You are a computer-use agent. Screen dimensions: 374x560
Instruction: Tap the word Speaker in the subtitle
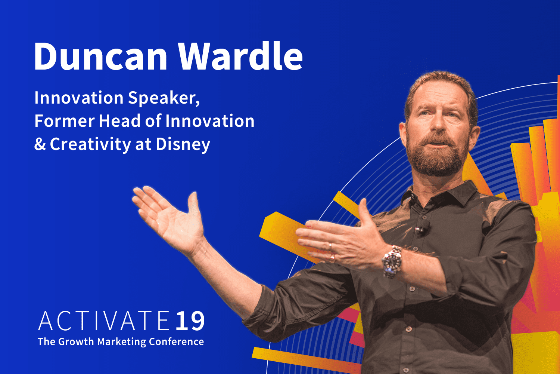(164, 98)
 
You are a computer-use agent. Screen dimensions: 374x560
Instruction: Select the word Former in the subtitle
(64, 121)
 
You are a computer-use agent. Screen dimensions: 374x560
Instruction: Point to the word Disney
(183, 145)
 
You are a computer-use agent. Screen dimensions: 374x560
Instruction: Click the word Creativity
(90, 144)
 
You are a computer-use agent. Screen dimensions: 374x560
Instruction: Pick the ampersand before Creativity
(40, 144)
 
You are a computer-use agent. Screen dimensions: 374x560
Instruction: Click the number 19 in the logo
(190, 321)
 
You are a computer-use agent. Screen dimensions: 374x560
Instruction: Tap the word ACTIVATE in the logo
(104, 321)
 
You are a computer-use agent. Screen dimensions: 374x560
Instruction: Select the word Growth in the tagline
(77, 342)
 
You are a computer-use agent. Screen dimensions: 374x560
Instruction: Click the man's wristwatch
(392, 261)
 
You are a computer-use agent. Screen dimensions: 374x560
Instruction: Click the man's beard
(438, 157)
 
